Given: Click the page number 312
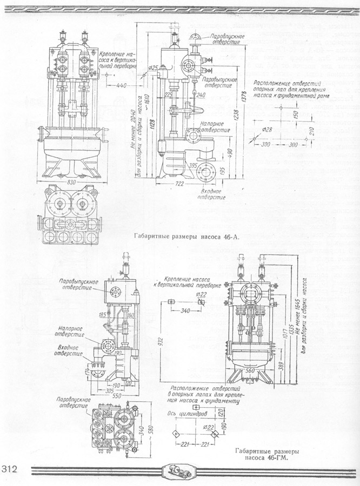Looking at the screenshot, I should tap(11, 468).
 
